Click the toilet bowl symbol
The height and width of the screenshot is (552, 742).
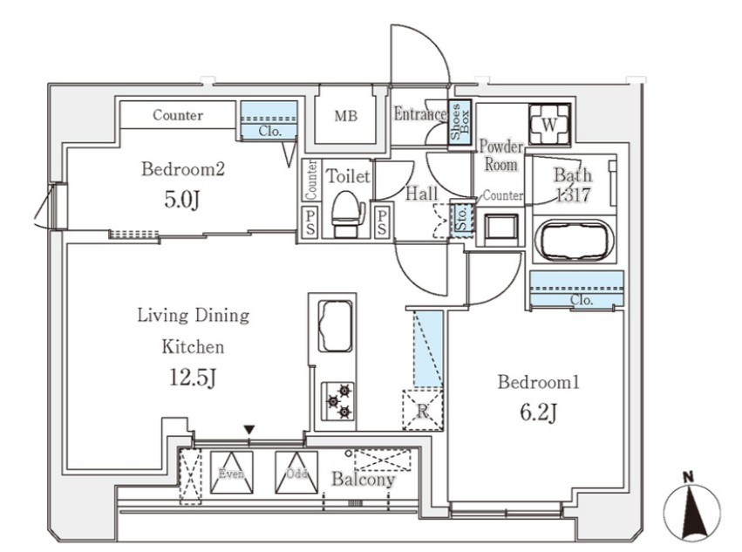pos(348,213)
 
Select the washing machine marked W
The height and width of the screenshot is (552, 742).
pos(549,124)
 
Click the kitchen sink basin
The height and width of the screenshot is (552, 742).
pos(335,326)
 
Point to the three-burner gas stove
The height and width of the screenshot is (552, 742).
pos(338,401)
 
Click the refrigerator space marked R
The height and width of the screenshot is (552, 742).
pos(422,410)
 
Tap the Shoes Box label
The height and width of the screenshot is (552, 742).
pos(460,121)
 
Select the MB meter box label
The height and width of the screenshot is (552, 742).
pos(346,116)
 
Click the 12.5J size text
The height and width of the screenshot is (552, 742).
pos(193,378)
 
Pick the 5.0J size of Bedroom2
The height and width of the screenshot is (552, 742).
pos(182,200)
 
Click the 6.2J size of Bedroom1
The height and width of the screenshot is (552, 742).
pos(539,412)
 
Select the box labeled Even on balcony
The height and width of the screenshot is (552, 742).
pos(231,473)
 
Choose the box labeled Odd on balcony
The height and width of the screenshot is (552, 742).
pos(296,473)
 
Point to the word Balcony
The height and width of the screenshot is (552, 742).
pos(363,480)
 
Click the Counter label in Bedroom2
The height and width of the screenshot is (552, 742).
pos(178,115)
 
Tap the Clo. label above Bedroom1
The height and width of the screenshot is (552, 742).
pos(582,300)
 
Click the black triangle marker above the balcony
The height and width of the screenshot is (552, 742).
pos(249,430)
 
